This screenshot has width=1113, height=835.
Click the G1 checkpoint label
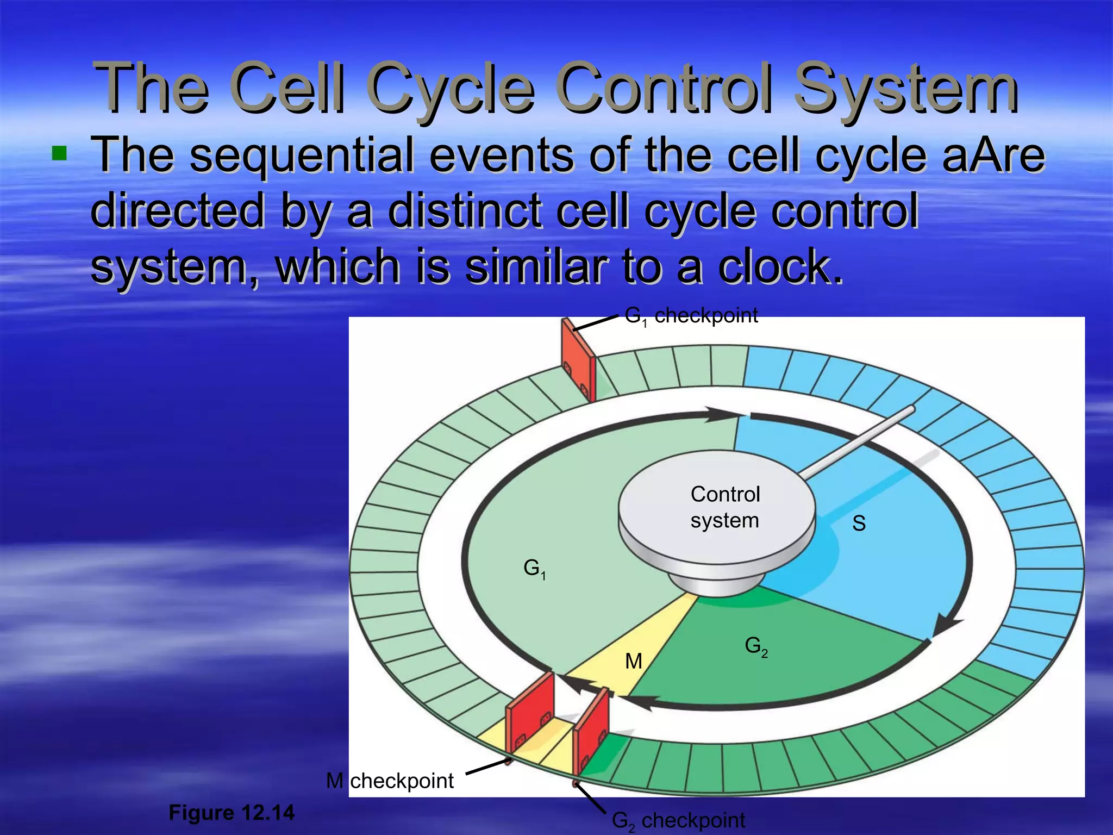[691, 316]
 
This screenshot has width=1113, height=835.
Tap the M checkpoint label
[390, 781]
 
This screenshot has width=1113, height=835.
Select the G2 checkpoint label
[678, 820]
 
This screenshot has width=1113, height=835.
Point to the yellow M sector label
[634, 661]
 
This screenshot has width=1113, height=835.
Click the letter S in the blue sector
[859, 523]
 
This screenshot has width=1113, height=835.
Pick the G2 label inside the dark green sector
[756, 646]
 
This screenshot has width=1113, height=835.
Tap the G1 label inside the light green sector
[534, 569]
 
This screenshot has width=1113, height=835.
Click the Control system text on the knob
[725, 507]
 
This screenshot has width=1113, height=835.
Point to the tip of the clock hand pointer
[911, 408]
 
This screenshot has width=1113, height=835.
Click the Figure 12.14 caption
[232, 813]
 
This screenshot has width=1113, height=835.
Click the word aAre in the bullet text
[993, 155]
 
